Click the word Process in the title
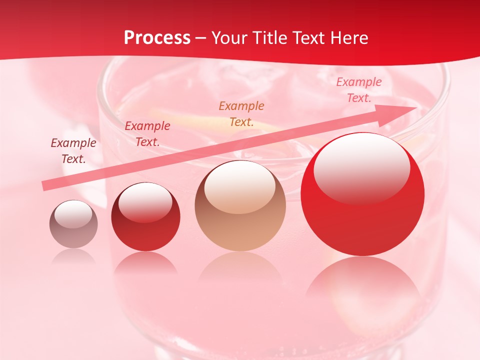(157, 38)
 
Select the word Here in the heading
(349, 38)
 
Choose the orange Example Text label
(241, 113)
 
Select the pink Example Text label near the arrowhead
(358, 90)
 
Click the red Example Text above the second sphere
(147, 134)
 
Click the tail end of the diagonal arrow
(46, 186)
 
